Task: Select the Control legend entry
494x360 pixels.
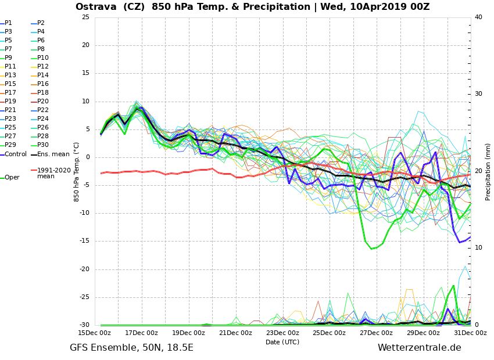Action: click(x=15, y=154)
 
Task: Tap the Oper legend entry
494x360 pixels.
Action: click(x=12, y=178)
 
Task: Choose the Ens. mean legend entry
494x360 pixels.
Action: click(x=49, y=154)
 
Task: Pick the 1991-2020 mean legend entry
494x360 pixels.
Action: click(x=53, y=173)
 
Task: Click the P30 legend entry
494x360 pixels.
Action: click(x=43, y=145)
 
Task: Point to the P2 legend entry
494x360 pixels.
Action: click(x=41, y=23)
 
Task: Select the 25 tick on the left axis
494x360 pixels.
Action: click(x=85, y=17)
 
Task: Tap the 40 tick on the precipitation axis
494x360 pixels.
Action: click(x=478, y=17)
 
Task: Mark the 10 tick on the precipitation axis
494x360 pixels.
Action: click(x=478, y=248)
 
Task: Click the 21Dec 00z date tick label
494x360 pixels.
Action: click(x=235, y=333)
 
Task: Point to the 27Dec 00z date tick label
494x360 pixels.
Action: click(x=376, y=333)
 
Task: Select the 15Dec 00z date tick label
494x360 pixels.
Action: click(x=95, y=333)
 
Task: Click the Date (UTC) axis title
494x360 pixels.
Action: click(x=282, y=342)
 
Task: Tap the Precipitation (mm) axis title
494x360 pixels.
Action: click(x=488, y=171)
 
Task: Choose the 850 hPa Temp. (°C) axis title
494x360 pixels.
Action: click(x=77, y=171)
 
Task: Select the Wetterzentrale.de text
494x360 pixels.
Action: click(x=419, y=348)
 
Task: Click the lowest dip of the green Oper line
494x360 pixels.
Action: click(x=372, y=249)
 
